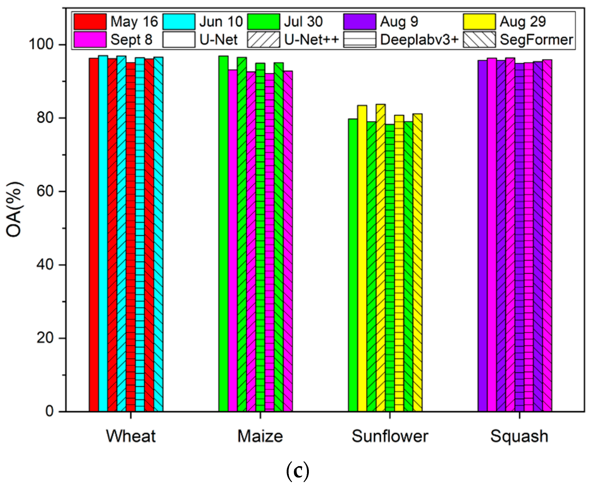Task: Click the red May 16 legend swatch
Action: coord(90,22)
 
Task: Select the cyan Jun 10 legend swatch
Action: coord(179,22)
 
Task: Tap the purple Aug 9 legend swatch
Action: coord(360,22)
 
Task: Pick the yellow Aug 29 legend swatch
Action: coord(479,22)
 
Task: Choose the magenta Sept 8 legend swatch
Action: coord(90,39)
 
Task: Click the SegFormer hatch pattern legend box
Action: coord(479,39)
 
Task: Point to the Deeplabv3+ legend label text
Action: coord(419,40)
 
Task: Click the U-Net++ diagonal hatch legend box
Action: coord(264,39)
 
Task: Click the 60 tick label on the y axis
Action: coord(45,192)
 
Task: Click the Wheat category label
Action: coord(131,436)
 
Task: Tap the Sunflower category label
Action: coord(390,436)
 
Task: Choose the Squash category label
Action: coord(519,436)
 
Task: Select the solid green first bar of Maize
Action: coord(224,233)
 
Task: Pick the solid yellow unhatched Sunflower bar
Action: coord(362,259)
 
